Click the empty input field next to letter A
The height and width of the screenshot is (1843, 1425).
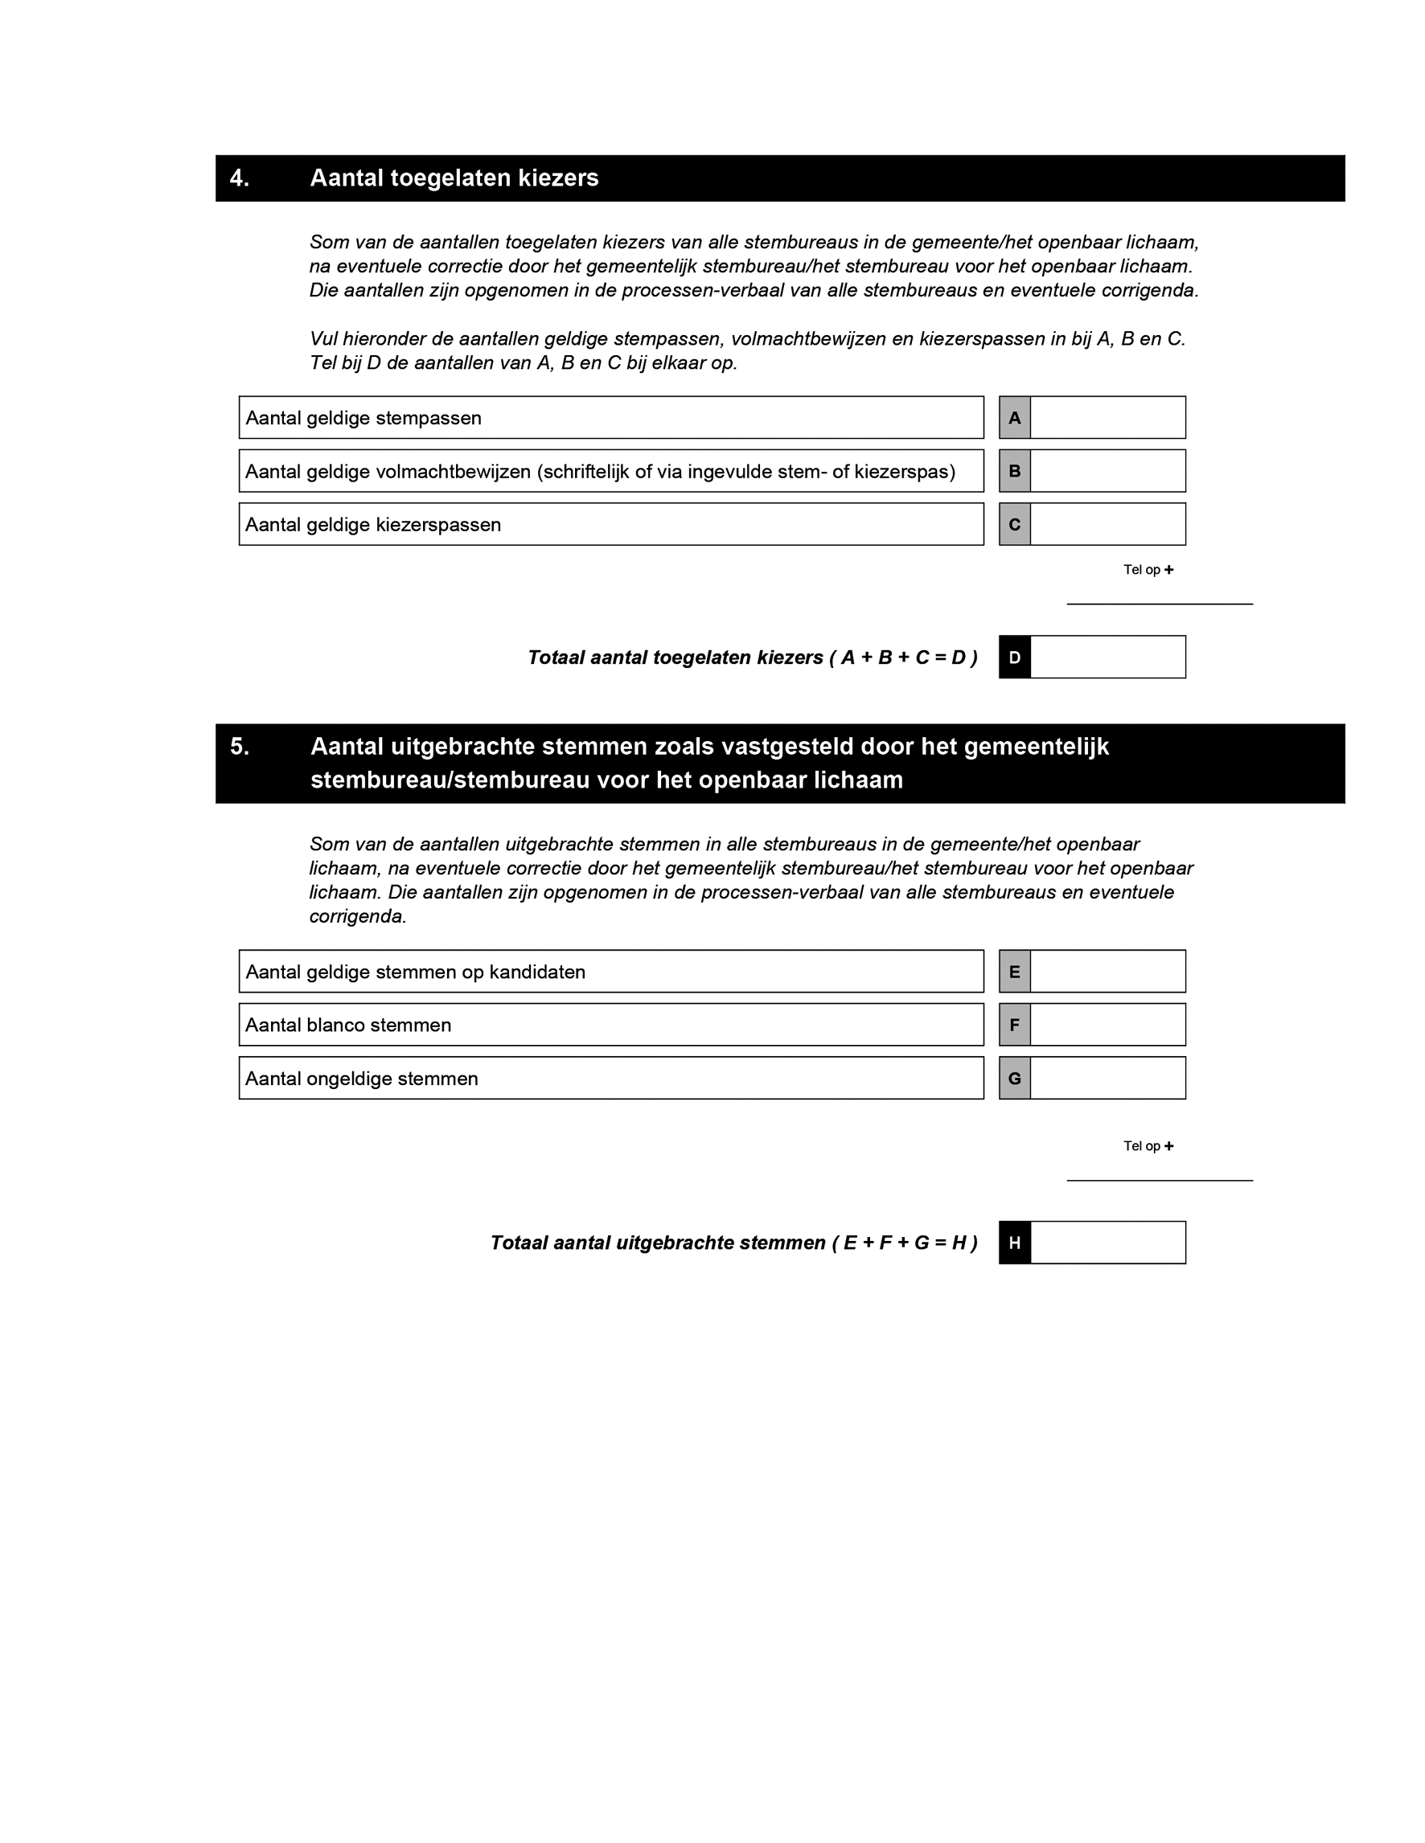[x=1107, y=418]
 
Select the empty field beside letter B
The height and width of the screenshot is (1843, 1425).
[x=1107, y=471]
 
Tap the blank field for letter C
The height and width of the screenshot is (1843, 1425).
[x=1107, y=524]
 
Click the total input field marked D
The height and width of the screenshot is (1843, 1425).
[x=1107, y=657]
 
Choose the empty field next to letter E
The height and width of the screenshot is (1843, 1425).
[x=1107, y=971]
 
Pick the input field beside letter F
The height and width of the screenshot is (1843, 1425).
[x=1107, y=1025]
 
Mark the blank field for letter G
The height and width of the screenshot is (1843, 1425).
[x=1107, y=1078]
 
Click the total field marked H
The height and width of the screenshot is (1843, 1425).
[x=1107, y=1242]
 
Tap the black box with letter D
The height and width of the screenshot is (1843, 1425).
[x=1015, y=657]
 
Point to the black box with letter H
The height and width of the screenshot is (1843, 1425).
[x=1015, y=1242]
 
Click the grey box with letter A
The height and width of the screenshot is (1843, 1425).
[x=1015, y=418]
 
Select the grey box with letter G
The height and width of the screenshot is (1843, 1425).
[x=1015, y=1078]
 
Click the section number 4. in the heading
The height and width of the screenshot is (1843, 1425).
[x=240, y=178]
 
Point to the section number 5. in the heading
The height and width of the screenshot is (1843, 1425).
[x=240, y=747]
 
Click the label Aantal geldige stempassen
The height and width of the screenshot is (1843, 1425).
[x=363, y=419]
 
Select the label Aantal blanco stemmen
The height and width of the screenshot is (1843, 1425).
[x=348, y=1026]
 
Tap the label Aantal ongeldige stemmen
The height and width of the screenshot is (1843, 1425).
[x=361, y=1079]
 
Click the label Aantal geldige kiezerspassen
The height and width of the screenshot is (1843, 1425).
[x=373, y=525]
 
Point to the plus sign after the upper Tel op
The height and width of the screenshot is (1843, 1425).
[x=1168, y=570]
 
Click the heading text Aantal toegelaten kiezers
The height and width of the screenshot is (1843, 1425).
[x=454, y=178]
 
